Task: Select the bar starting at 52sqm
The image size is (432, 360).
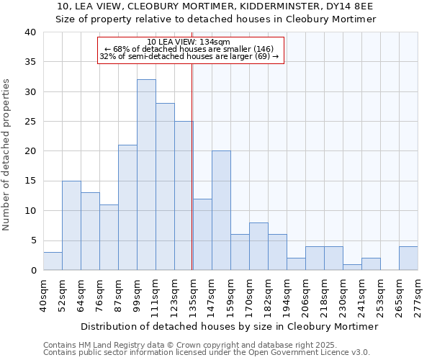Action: pos(71,225)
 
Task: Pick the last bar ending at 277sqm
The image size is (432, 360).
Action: pos(408,258)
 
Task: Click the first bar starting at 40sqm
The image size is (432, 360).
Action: pos(53,261)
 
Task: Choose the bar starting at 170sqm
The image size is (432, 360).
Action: pos(258,247)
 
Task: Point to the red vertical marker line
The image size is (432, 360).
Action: pos(192,166)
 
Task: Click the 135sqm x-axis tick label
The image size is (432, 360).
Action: pos(193,297)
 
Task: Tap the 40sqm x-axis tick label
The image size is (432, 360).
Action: pos(44,297)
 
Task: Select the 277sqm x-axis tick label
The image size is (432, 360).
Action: pos(418,297)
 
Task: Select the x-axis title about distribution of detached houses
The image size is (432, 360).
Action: pos(230,326)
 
